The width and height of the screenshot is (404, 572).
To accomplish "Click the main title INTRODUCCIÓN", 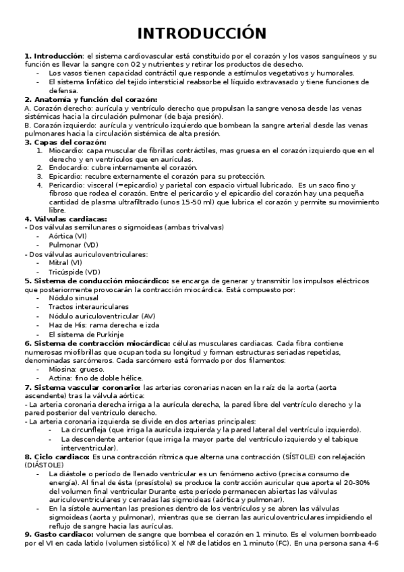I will [202, 33].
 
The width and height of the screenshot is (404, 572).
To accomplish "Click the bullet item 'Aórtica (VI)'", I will [67, 236].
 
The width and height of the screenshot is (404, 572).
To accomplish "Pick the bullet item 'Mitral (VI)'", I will [65, 262].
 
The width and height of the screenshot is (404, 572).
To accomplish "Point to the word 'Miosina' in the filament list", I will [63, 369].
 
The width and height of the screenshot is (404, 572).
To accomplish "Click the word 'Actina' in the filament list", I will [61, 378].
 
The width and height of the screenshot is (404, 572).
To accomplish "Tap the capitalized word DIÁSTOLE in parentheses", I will [49, 465].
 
